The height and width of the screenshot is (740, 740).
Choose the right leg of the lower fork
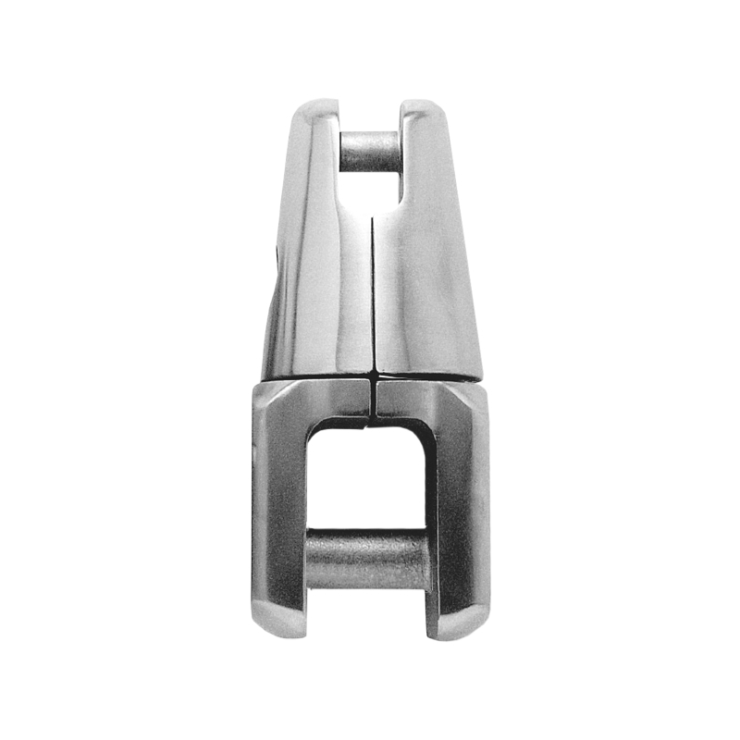coord(460,509)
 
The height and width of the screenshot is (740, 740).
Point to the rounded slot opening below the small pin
coord(370,190)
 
